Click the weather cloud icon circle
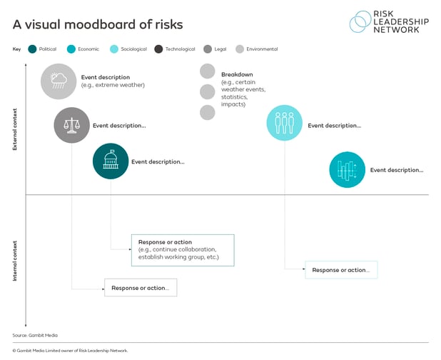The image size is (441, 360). pos(59,81)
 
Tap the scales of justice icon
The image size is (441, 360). pos(72,125)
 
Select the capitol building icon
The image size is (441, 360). pos(111,159)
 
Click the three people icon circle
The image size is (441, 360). pos(284,123)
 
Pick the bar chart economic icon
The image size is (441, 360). pos(347,170)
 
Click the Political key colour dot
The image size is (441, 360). pos(32,49)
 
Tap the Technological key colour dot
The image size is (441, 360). pos(158,49)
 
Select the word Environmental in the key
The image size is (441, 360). pos(262,49)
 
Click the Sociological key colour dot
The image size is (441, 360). pos(114,49)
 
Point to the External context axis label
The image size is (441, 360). pos(15,129)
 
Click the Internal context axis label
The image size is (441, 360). pos(15,261)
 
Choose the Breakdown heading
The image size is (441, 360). pos(237,74)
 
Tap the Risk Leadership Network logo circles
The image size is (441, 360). pos(360,21)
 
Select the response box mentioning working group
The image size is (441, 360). pos(183,250)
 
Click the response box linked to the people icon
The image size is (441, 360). pos(341,270)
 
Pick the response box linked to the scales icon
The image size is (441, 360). pos(141,288)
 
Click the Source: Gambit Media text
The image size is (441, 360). pos(35,335)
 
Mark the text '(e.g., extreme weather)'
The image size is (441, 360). pos(113,85)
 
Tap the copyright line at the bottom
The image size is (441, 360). pos(70,351)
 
